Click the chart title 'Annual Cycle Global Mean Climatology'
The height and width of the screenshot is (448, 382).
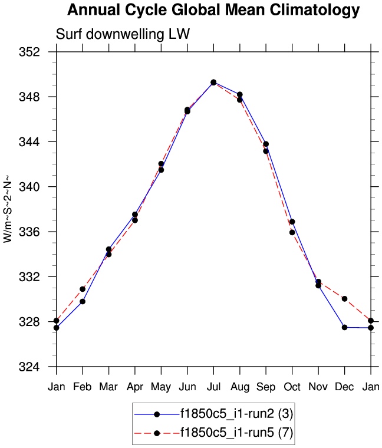pos(213,10)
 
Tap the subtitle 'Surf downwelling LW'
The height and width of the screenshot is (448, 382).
pos(123,35)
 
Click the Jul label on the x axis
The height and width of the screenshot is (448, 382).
pos(213,387)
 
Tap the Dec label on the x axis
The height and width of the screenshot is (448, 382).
pos(344,387)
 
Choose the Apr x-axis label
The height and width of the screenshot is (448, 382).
pos(135,387)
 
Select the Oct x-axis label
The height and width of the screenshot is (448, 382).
pos(292,387)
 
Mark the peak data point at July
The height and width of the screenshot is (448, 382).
pos(213,83)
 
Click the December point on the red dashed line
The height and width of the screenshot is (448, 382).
pos(344,299)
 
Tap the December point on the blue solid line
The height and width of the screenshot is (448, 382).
pos(344,327)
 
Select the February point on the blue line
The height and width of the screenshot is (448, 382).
pos(83,301)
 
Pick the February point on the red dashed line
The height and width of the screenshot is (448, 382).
pos(83,289)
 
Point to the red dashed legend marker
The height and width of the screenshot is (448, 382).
pos(157,433)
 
